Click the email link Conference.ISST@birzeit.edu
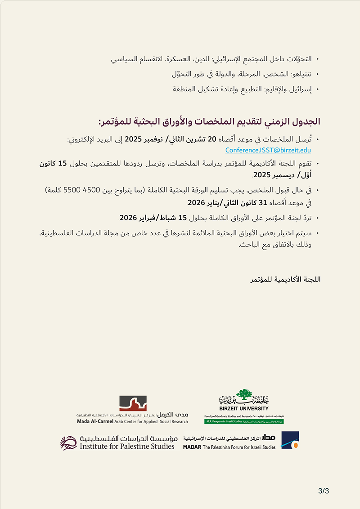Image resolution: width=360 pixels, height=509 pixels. point(268,150)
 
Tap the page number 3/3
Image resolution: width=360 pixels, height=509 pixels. point(324,491)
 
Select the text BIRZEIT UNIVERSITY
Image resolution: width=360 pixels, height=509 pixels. point(244,408)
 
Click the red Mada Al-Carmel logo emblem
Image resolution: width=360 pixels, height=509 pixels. point(133,403)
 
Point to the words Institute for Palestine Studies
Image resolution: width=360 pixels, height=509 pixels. point(127,446)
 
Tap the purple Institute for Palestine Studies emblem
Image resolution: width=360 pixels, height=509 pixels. point(69,442)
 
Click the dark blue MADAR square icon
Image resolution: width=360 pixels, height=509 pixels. point(290,440)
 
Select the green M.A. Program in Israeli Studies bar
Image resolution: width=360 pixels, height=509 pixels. point(244,422)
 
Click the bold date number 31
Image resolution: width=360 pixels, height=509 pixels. point(260,202)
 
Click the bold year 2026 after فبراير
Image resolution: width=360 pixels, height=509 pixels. point(128,218)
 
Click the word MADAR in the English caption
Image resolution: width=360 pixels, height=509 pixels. point(193,447)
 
